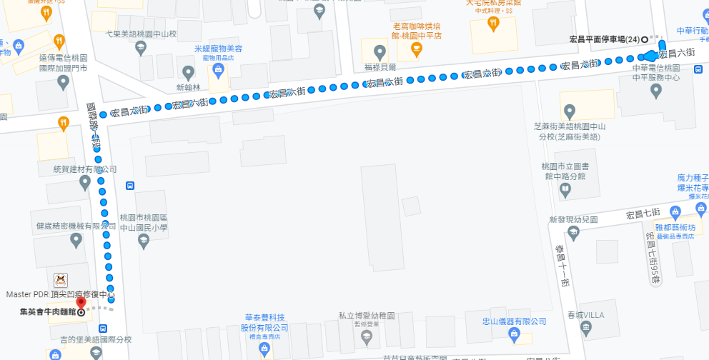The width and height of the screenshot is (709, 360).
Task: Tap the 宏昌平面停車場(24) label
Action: [604, 39]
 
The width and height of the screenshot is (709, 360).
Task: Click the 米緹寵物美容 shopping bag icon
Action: [218, 69]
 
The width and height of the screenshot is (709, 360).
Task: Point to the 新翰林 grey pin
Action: [189, 72]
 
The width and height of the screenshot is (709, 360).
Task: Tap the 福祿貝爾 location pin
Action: [380, 51]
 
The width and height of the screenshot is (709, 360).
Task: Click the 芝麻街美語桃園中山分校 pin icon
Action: [570, 111]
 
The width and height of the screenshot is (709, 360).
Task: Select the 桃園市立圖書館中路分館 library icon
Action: [565, 190]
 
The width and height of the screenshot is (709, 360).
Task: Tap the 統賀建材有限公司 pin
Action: [85, 183]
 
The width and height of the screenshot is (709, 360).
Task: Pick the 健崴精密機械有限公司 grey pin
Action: [76, 240]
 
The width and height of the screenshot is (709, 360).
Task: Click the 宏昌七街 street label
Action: [642, 214]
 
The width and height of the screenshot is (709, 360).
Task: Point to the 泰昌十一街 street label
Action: [561, 264]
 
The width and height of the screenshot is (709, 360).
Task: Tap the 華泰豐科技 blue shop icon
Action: [264, 349]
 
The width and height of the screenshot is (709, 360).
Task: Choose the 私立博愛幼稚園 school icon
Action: [367, 336]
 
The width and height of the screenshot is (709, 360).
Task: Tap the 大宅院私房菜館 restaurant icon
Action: [492, 24]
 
